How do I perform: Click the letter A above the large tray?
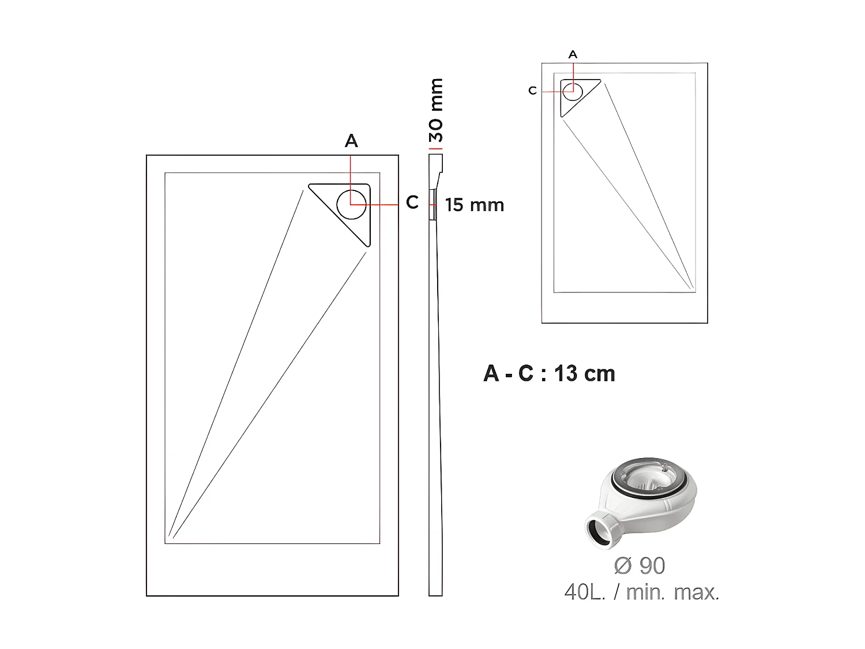pos(351,141)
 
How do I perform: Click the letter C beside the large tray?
pos(412,202)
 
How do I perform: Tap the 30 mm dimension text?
pos(437,110)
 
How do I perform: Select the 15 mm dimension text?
pos(475,205)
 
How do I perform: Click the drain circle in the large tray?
pos(351,204)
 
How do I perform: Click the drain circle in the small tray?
pos(573,91)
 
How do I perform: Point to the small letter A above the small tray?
pos(573,54)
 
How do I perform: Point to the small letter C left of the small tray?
pos(532,91)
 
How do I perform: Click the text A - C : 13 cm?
pos(549,374)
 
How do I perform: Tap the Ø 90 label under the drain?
pos(640,566)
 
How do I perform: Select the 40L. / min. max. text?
pos(642,592)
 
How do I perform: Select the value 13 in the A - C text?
pos(565,374)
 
